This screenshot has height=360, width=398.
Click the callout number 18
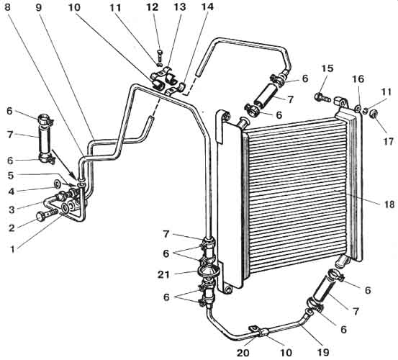[x=389, y=204]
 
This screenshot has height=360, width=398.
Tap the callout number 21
[x=163, y=274]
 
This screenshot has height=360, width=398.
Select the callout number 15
[x=327, y=68]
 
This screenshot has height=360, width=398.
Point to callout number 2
[x=12, y=228]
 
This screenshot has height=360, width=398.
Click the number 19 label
[x=323, y=352]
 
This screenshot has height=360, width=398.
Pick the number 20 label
[x=243, y=353]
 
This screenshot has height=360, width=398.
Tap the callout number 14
[x=207, y=7]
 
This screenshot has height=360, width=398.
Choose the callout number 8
[x=7, y=7]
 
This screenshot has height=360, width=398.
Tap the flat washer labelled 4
[x=57, y=183]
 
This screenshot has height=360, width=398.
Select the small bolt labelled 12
[x=160, y=55]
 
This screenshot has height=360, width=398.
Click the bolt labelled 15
[x=322, y=97]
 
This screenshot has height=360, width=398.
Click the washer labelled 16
[x=358, y=109]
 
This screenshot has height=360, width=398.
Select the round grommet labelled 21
[x=208, y=271]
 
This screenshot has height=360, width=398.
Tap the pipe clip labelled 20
[x=259, y=331]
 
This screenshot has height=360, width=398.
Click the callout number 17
[x=388, y=141]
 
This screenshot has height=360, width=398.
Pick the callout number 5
[x=10, y=175]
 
